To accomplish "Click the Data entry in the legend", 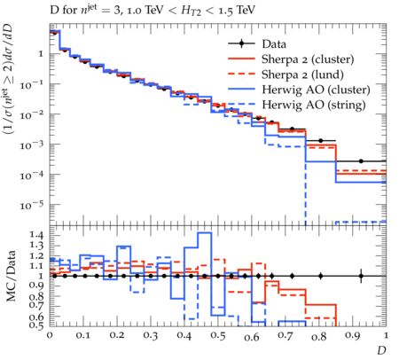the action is pyautogui.click(x=274, y=44).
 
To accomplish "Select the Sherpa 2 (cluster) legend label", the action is pyautogui.click(x=308, y=59).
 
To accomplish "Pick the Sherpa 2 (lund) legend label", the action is pyautogui.click(x=302, y=74).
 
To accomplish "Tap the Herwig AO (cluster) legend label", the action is pyautogui.click(x=316, y=90).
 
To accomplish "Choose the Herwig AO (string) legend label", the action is pyautogui.click(x=314, y=105).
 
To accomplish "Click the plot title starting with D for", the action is pyautogui.click(x=153, y=11).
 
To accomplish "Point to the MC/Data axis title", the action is pyautogui.click(x=11, y=276).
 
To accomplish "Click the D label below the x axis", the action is pyautogui.click(x=381, y=350).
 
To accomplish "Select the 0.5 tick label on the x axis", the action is pyautogui.click(x=218, y=336).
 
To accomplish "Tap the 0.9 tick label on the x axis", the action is pyautogui.click(x=353, y=336).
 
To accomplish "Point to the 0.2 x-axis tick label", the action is pyautogui.click(x=117, y=336).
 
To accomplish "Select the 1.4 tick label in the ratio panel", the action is pyautogui.click(x=36, y=236).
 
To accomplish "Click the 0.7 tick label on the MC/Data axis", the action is pyautogui.click(x=36, y=304).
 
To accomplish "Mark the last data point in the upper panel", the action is pyautogui.click(x=361, y=161).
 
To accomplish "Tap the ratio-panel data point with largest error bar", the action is pyautogui.click(x=361, y=276).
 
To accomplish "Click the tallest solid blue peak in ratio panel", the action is pyautogui.click(x=205, y=232).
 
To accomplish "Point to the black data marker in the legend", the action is pyautogui.click(x=241, y=43).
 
